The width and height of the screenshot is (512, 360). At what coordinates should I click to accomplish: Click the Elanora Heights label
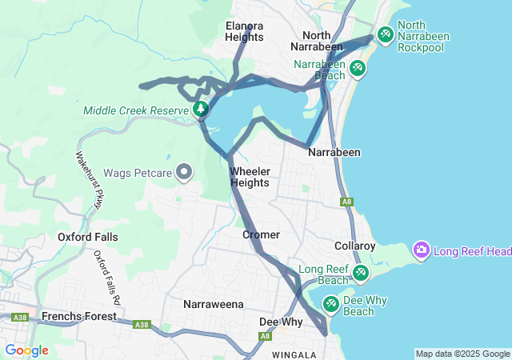[245, 31]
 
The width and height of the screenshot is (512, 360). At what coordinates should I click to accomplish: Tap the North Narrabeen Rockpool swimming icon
[385, 34]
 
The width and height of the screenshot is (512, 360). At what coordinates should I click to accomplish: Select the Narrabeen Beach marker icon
[357, 69]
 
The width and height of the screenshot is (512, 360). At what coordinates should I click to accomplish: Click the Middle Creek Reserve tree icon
[200, 109]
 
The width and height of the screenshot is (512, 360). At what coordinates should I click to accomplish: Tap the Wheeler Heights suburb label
[250, 177]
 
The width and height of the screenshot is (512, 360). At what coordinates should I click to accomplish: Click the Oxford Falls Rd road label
[107, 277]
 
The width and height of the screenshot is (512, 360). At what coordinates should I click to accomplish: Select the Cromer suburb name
[261, 234]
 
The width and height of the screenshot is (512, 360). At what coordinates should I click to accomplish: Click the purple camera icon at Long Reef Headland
[421, 250]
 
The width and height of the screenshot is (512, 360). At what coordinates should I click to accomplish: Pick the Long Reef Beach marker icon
[361, 274]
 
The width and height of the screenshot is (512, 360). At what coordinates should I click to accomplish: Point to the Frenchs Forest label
[78, 317]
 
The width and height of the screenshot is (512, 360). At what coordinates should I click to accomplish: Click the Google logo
[26, 350]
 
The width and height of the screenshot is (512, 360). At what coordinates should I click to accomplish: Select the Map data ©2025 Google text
[462, 354]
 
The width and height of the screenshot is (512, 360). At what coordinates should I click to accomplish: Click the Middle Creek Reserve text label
[134, 110]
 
